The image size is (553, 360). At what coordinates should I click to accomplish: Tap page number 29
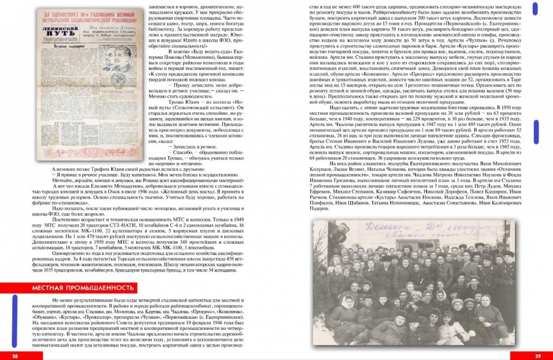click(x=538, y=356)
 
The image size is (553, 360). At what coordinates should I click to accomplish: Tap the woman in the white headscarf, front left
click(x=347, y=307)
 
